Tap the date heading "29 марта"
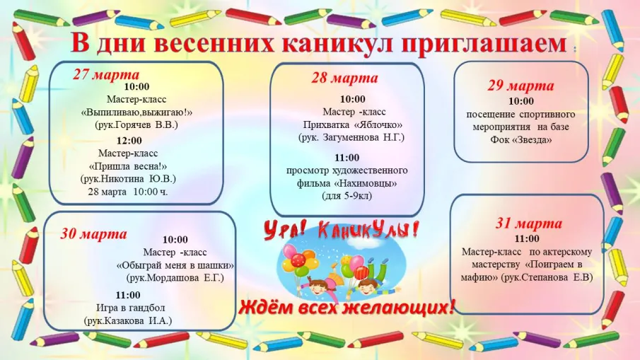tap(520, 86)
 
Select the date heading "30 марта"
tap(93, 234)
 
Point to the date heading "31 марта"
tap(528, 224)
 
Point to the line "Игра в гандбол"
tap(128, 308)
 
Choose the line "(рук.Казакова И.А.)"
tap(128, 320)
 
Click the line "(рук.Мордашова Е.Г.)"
tap(175, 278)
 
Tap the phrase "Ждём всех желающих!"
tap(347, 308)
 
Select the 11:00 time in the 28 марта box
tap(347, 157)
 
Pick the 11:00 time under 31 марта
tap(527, 238)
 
